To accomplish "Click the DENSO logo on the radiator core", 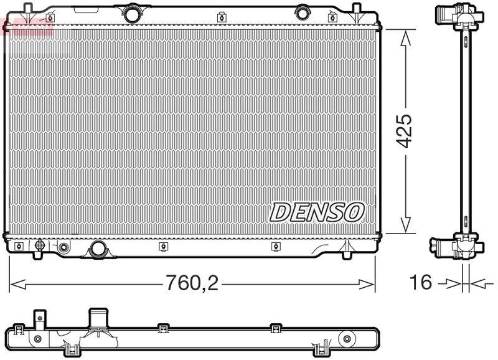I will pos(317,212).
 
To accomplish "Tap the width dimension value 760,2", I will pos(192,284).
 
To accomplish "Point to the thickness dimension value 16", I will pos(421,282).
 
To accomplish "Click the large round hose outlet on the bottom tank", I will pos(98,249).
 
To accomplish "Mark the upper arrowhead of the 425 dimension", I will pos(405,36).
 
